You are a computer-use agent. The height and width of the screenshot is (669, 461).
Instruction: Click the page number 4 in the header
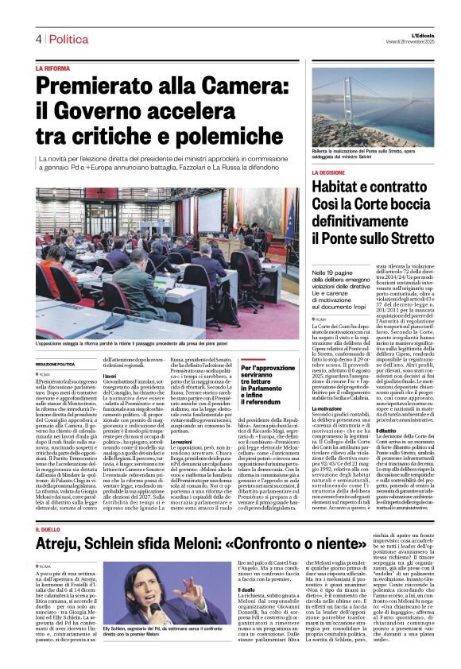[x=37, y=39]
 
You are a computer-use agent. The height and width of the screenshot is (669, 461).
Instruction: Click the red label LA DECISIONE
[x=351, y=172]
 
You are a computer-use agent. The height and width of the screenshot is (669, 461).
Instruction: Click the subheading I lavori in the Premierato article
[x=110, y=376]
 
